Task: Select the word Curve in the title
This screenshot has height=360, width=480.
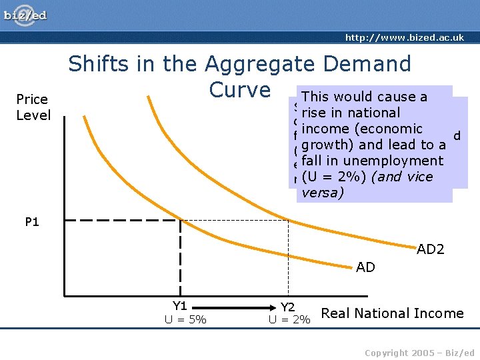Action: [239, 90]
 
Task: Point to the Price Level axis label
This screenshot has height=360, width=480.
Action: [33, 107]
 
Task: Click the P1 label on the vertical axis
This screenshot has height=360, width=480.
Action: [32, 223]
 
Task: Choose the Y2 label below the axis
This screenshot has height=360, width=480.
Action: [288, 307]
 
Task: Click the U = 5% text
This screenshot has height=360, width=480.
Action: [185, 320]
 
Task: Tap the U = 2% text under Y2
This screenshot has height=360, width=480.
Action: [289, 320]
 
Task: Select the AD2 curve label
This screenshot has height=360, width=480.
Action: [431, 250]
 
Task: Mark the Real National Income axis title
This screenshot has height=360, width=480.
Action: [392, 313]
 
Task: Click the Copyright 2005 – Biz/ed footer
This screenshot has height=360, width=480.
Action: [419, 353]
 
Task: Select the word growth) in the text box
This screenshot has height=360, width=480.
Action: [327, 145]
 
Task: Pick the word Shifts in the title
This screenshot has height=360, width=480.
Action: [99, 64]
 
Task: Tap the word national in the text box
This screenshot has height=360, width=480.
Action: [371, 113]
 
